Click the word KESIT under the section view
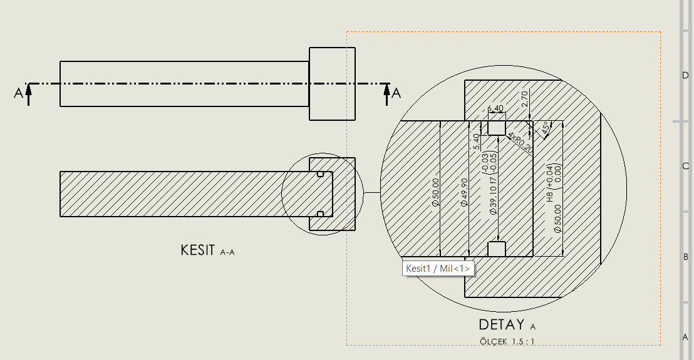(197, 250)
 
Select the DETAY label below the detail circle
(500, 325)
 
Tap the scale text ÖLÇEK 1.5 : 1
(507, 341)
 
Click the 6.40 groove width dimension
(495, 109)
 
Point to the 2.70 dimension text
(525, 99)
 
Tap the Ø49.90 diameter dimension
(464, 195)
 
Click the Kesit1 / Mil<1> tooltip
(438, 269)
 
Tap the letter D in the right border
(685, 75)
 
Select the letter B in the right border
(685, 257)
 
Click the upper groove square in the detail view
(497, 128)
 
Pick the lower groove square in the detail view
(497, 249)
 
